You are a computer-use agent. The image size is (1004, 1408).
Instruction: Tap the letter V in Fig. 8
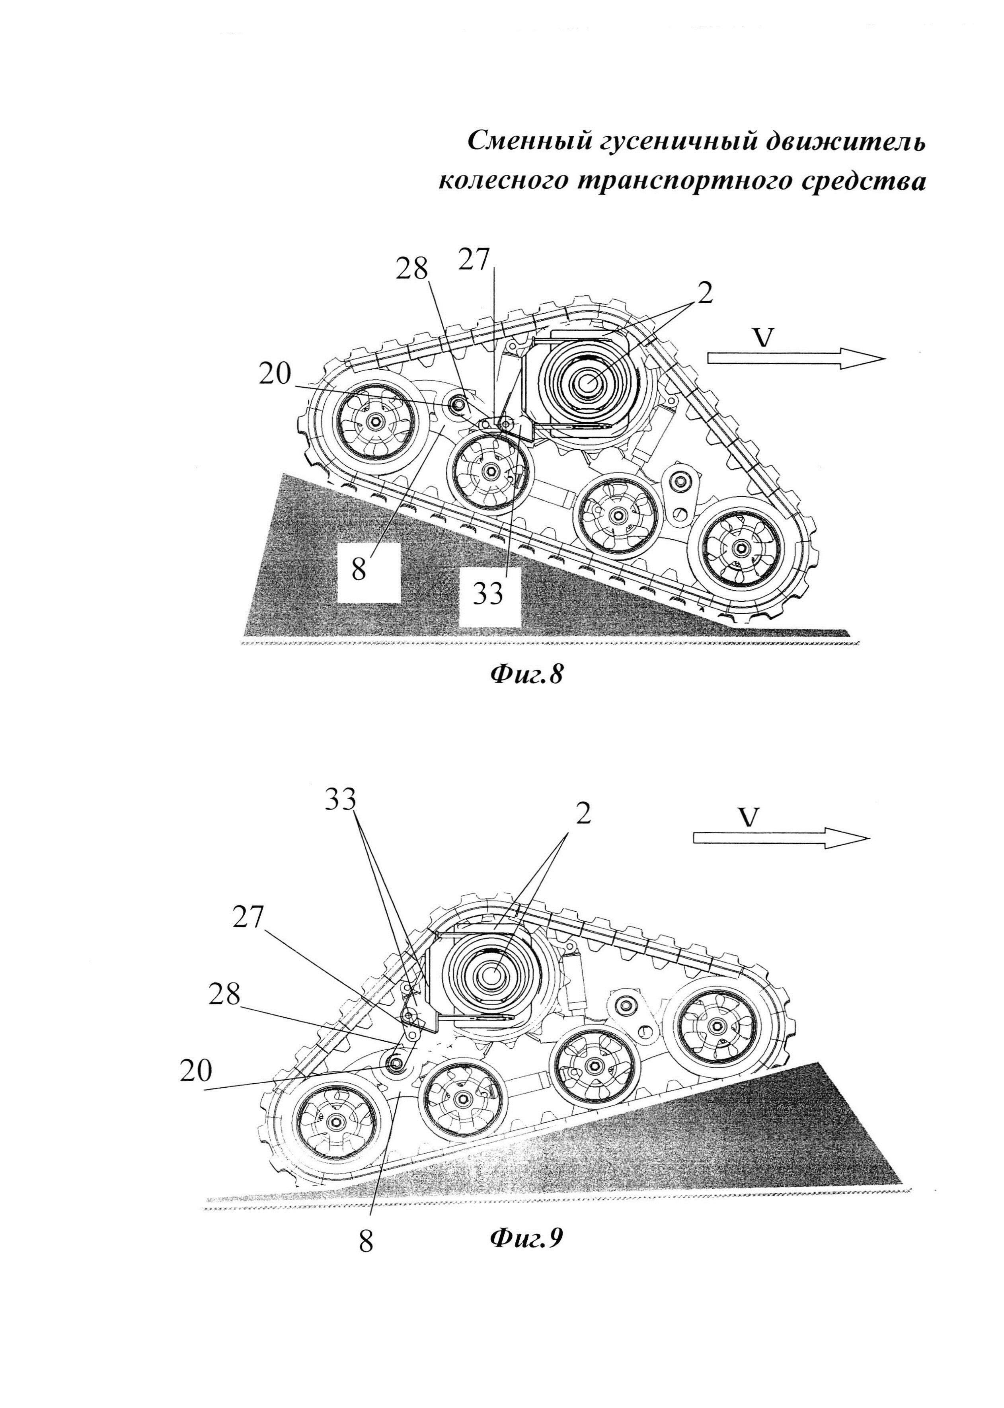click(x=765, y=337)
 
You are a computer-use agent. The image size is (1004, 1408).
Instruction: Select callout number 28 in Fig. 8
click(x=412, y=269)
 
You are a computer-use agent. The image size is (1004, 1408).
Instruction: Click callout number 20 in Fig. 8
click(x=275, y=374)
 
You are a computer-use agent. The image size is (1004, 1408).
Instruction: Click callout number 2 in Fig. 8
click(x=705, y=294)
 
